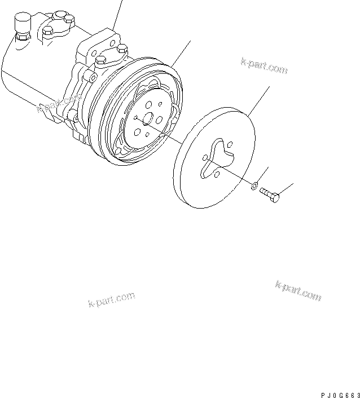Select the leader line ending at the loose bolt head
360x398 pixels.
click(286, 188)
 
